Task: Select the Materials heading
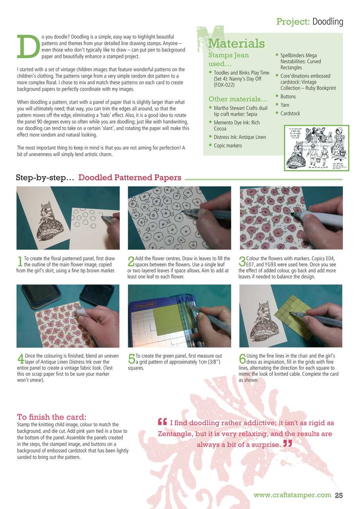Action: [x=236, y=43]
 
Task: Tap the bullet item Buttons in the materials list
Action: [x=288, y=97]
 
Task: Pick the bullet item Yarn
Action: [x=285, y=105]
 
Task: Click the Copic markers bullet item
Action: [x=228, y=146]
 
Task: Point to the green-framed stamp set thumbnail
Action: [x=317, y=148]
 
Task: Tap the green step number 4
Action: [x=20, y=359]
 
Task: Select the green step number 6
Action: [x=242, y=359]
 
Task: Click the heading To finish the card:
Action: [x=51, y=417]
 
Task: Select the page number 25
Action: [x=339, y=495]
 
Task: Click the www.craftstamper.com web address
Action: [x=292, y=495]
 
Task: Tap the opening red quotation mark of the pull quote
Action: [x=162, y=422]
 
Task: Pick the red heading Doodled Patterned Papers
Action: [x=130, y=178]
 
